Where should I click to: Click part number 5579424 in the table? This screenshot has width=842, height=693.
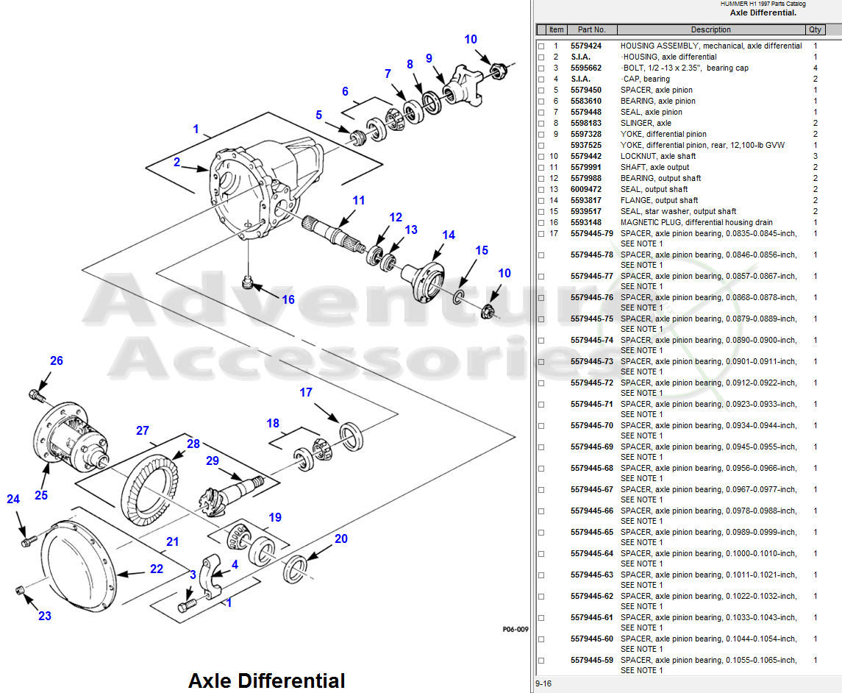tap(585, 46)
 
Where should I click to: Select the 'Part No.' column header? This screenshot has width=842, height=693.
tap(591, 30)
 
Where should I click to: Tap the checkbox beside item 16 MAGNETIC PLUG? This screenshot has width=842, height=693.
tap(541, 223)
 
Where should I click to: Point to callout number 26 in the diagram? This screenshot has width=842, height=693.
tap(57, 360)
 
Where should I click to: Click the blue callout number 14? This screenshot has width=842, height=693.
tap(449, 235)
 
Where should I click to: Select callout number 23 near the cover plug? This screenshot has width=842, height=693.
tap(45, 616)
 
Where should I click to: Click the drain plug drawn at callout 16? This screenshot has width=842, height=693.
tap(248, 282)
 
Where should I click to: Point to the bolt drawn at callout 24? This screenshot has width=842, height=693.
tap(27, 542)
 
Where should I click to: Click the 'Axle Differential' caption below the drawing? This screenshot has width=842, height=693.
tap(266, 680)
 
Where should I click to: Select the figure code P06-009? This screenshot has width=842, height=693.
tap(515, 630)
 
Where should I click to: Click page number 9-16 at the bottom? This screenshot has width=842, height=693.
tap(544, 684)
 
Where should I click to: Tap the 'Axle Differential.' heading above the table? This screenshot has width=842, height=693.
tap(763, 13)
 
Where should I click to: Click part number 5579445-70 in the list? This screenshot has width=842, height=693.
tap(591, 425)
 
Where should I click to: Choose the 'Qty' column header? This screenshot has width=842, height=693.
tap(815, 30)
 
